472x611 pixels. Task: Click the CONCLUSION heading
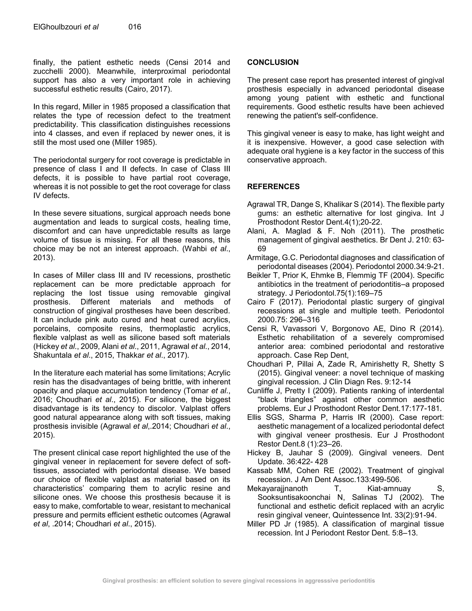click(x=273, y=62)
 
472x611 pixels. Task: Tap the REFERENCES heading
click(x=273, y=187)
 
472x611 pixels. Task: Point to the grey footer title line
click(x=239, y=581)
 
